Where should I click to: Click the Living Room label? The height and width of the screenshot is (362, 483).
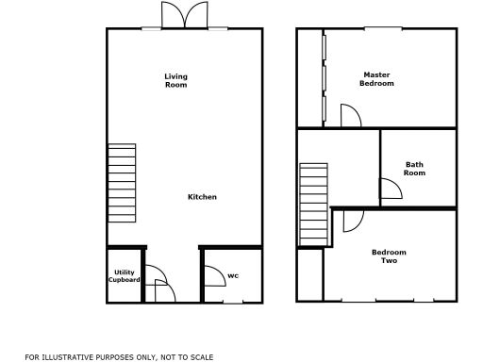point(175,80)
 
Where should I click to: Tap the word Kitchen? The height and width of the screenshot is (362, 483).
point(202,197)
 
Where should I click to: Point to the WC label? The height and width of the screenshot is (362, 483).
point(232,276)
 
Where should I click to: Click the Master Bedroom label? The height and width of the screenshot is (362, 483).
point(376,79)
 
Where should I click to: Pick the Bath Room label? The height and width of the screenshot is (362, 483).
point(414,168)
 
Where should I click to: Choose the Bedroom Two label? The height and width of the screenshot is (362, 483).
point(388,255)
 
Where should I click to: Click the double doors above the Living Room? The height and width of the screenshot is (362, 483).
point(183,16)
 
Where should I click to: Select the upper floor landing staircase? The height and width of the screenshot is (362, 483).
point(314,204)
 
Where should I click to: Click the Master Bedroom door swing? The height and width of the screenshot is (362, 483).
point(350,116)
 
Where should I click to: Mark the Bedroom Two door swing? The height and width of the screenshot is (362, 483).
point(353,221)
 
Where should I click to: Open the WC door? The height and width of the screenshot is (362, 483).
point(212,274)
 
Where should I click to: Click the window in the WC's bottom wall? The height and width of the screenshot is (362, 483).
point(230,302)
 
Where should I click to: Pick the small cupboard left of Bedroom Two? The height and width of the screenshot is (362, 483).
point(309,274)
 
